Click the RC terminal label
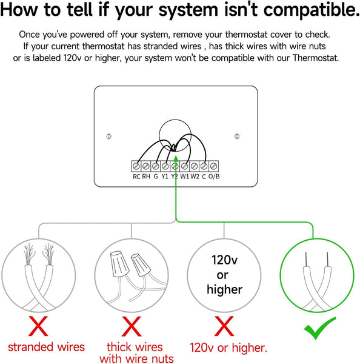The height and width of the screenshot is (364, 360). [136, 177]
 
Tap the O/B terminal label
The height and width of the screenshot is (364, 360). [214, 177]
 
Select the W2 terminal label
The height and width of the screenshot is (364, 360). [195, 177]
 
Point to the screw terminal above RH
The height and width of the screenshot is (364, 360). [146, 166]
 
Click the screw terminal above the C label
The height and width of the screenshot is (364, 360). [204, 166]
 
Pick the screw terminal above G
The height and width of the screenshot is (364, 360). [155, 166]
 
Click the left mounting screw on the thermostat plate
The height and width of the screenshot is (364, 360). [109, 136]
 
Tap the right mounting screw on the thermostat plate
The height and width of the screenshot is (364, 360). [237, 136]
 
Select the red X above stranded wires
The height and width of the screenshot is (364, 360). [38, 326]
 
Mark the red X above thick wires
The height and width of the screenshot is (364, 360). [132, 326]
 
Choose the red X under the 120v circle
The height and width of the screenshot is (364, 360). [224, 326]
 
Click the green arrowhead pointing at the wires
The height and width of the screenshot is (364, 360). [176, 159]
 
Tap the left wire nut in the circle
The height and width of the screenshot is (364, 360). [119, 264]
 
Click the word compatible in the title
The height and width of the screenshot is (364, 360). [308, 10]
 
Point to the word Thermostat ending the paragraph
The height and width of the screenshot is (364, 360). [316, 58]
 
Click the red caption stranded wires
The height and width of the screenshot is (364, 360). [47, 347]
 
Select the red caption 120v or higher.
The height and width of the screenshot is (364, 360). [228, 348]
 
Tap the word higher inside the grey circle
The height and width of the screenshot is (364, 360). [224, 289]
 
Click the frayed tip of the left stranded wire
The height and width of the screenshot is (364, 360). [29, 254]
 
